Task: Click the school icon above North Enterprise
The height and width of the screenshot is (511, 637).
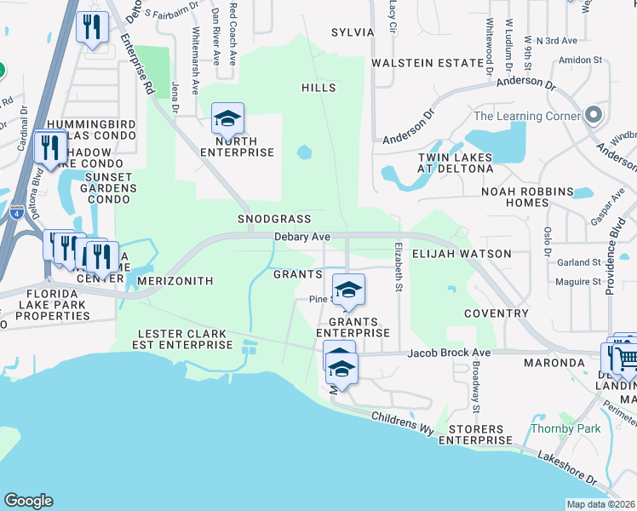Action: pos(227,119)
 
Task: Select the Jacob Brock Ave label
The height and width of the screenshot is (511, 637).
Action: pos(449,353)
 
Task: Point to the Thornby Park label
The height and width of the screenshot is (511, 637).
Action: pos(554,428)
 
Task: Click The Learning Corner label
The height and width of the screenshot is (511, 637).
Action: pos(525,116)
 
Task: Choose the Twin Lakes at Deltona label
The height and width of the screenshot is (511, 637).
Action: pos(455,164)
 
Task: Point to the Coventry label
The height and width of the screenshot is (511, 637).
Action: pos(496,313)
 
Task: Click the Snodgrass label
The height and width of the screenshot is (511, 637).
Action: pos(274,219)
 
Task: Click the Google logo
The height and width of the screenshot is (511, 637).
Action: pos(28,501)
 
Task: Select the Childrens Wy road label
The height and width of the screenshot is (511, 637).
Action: pos(403,419)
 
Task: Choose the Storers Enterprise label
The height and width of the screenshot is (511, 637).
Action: pos(475,434)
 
